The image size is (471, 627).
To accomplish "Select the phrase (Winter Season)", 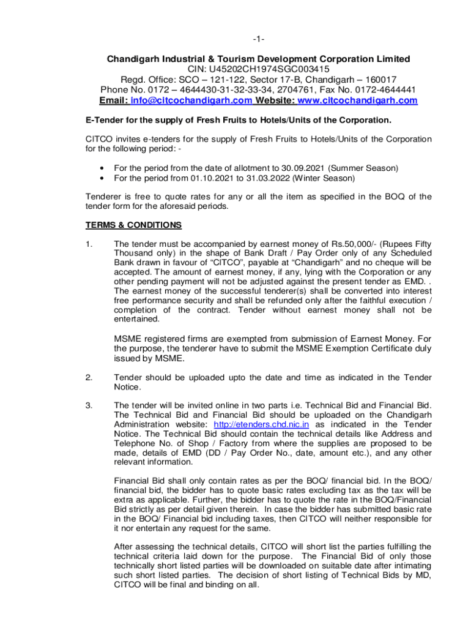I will pyautogui.click(x=323, y=178).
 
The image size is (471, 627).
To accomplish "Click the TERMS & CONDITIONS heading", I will pyautogui.click(x=133, y=225).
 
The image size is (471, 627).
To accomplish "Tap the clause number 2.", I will pyautogui.click(x=89, y=377).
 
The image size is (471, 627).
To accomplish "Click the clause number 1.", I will pyautogui.click(x=89, y=243).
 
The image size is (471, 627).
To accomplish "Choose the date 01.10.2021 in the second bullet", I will pyautogui.click(x=209, y=178).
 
